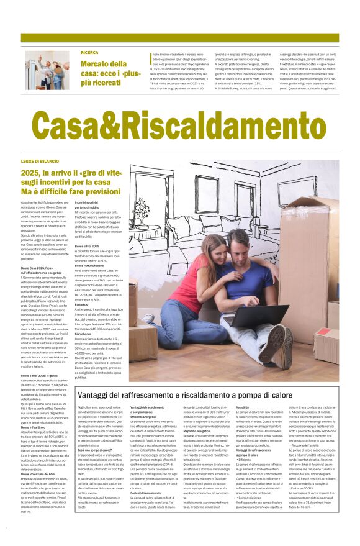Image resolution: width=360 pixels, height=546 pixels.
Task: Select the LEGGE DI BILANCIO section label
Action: tap(40, 161)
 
